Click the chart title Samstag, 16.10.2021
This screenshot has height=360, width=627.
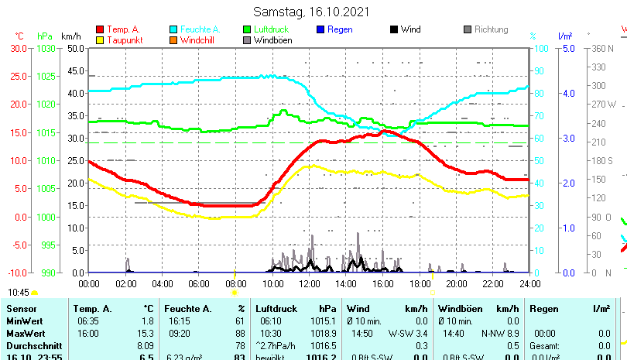312,12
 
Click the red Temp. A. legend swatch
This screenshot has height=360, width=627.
100,30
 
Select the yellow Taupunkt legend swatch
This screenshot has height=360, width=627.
100,40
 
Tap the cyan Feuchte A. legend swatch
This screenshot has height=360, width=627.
174,30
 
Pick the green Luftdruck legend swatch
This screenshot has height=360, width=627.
248,30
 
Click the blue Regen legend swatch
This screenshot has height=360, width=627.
321,30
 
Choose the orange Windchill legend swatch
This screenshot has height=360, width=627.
174,40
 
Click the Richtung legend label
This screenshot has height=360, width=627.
491,30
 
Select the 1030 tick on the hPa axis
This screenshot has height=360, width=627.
46,48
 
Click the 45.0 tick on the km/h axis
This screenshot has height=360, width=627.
75,70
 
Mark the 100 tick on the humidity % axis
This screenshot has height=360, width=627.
543,48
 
